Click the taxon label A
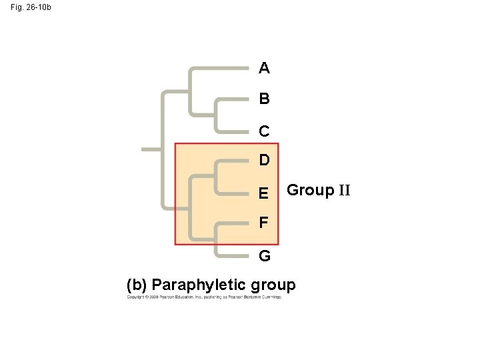[265, 68]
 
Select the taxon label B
[265, 99]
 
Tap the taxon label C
[265, 131]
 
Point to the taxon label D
[265, 161]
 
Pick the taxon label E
[265, 193]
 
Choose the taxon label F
[265, 222]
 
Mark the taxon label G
[265, 256]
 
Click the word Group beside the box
[310, 191]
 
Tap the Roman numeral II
[344, 191]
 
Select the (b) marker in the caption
[138, 286]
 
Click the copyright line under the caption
[205, 297]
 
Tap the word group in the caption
[273, 286]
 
